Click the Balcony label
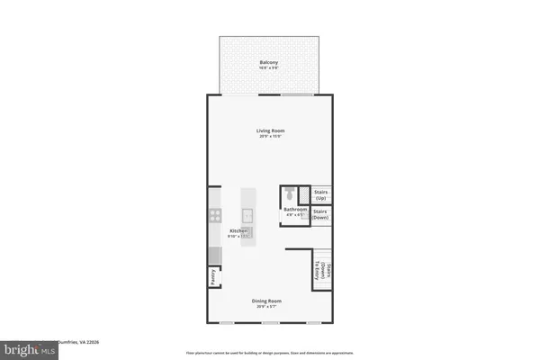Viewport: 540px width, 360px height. point(269,62)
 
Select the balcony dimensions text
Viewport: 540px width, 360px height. point(269,68)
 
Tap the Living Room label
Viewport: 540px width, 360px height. point(270,130)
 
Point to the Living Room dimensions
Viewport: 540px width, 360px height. point(270,137)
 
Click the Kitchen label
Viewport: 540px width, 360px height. point(238,231)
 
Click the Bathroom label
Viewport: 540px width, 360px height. point(296,210)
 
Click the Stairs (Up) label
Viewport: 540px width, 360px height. point(320,194)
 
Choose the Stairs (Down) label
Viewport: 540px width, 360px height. point(320,214)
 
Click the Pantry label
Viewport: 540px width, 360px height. point(213,279)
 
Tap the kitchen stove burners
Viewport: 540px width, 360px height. point(215,215)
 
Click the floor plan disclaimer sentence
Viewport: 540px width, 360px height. point(271,353)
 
